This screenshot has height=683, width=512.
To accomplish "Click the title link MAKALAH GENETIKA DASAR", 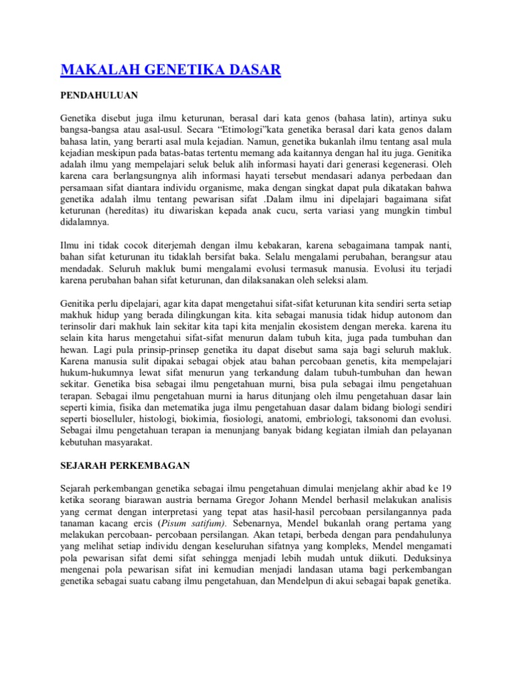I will click(x=171, y=70).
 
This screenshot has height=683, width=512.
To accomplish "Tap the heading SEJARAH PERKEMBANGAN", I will click(x=126, y=464).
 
